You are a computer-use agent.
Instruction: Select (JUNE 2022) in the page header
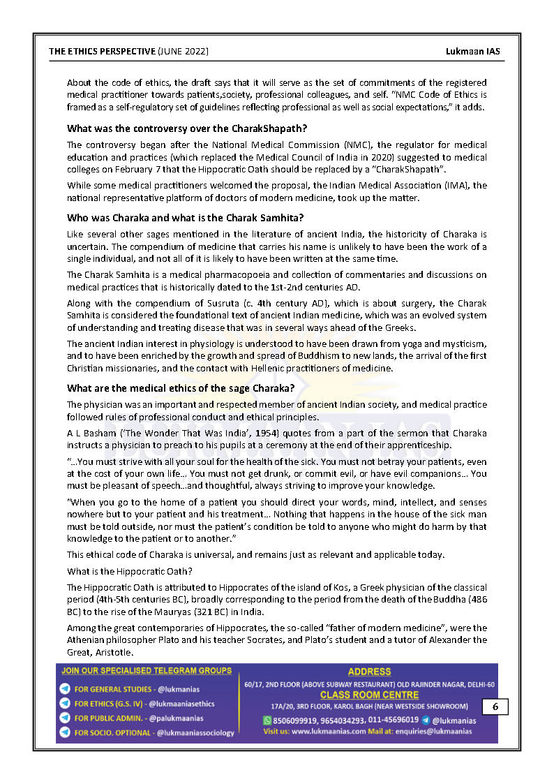(x=183, y=52)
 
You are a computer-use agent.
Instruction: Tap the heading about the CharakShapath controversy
(x=187, y=128)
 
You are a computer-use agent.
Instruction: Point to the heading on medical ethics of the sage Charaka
(x=181, y=388)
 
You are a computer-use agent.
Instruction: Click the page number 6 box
(x=495, y=707)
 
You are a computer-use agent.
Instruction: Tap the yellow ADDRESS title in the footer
(x=369, y=672)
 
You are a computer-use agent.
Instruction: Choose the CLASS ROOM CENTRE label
(x=369, y=695)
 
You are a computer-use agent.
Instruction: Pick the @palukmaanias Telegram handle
(x=177, y=718)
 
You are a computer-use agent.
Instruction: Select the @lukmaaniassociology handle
(x=195, y=732)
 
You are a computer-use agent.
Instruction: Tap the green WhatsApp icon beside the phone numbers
(x=267, y=720)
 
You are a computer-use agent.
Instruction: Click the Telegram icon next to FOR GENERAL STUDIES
(x=65, y=689)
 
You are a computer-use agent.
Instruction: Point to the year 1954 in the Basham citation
(x=269, y=434)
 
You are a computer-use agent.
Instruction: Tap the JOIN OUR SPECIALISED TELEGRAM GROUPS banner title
(x=147, y=671)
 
